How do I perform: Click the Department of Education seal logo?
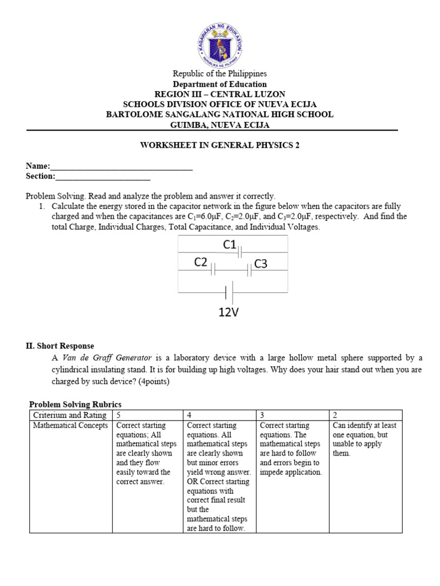pos(220,44)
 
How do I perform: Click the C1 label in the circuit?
pos(230,245)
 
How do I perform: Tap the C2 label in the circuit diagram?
pos(201,263)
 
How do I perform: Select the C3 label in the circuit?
pos(261,264)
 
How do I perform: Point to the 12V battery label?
pos(229,312)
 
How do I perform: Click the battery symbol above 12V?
pos(229,293)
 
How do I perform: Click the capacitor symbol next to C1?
pos(241,251)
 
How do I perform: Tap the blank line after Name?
pos(121,167)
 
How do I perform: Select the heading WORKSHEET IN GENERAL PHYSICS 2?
pos(220,145)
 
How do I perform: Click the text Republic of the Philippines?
pos(220,74)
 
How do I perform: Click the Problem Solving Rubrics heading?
pos(75,405)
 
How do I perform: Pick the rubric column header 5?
pos(119,415)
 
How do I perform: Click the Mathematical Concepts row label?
pos(70,426)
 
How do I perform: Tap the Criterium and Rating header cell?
pos(69,415)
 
